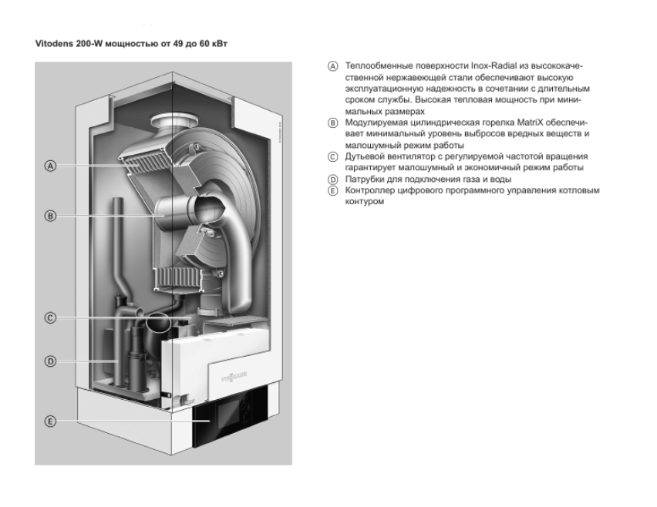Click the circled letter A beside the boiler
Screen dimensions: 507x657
point(49,166)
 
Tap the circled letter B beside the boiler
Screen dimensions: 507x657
point(49,217)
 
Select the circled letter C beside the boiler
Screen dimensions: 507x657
point(49,317)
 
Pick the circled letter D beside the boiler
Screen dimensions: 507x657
point(49,361)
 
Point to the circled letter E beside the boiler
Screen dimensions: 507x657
point(49,421)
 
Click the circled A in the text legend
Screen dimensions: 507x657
point(333,68)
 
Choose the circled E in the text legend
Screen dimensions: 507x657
point(333,189)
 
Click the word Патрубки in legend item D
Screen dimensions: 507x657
point(362,178)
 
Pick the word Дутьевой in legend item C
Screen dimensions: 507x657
point(363,156)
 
